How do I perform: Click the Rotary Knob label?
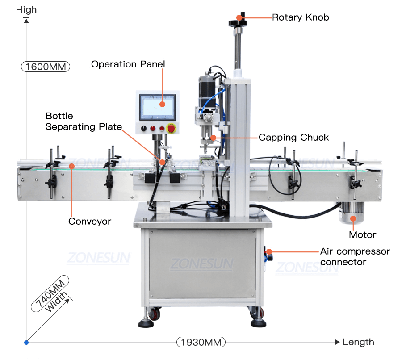[300, 17]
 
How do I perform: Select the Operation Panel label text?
[128, 64]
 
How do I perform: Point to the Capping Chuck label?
[293, 138]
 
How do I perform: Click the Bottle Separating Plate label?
[84, 121]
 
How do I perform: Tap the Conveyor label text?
[90, 222]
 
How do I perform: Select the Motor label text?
[362, 235]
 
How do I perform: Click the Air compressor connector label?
[355, 257]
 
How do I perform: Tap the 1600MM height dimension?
[46, 67]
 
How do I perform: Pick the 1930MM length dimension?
[201, 343]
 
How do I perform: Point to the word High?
[26, 10]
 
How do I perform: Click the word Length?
[358, 343]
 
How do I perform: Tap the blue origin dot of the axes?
[26, 343]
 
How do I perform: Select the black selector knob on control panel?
[143, 129]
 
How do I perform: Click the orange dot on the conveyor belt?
[71, 166]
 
